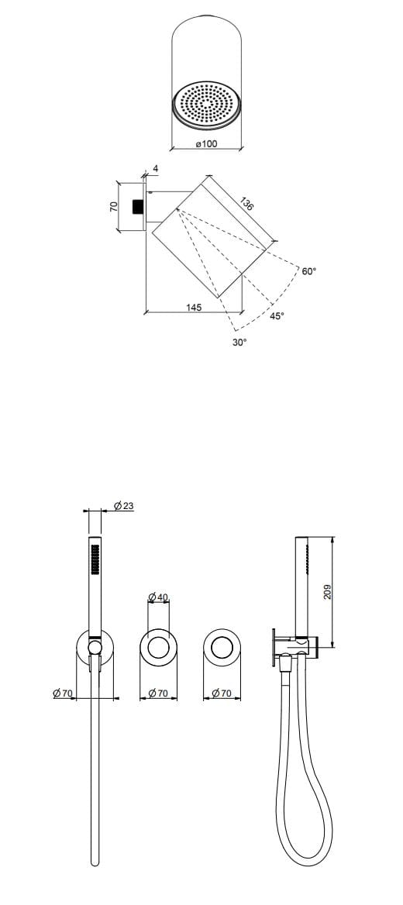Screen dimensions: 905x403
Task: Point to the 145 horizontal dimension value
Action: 194,308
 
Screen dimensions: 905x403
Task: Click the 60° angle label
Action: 309,271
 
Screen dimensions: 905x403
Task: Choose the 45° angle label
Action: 277,316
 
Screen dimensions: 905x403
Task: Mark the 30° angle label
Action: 239,342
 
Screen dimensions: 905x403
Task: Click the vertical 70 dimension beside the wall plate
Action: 113,207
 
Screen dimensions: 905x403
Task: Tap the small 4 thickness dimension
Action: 155,168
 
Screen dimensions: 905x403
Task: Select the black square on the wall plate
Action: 139,206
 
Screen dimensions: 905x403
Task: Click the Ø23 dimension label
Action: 123,505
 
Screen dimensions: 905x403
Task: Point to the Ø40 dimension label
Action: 158,597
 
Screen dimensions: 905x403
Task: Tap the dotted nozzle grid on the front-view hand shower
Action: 95,559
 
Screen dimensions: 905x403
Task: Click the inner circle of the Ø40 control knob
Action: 158,646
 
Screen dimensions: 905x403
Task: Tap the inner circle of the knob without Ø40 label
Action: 222,646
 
